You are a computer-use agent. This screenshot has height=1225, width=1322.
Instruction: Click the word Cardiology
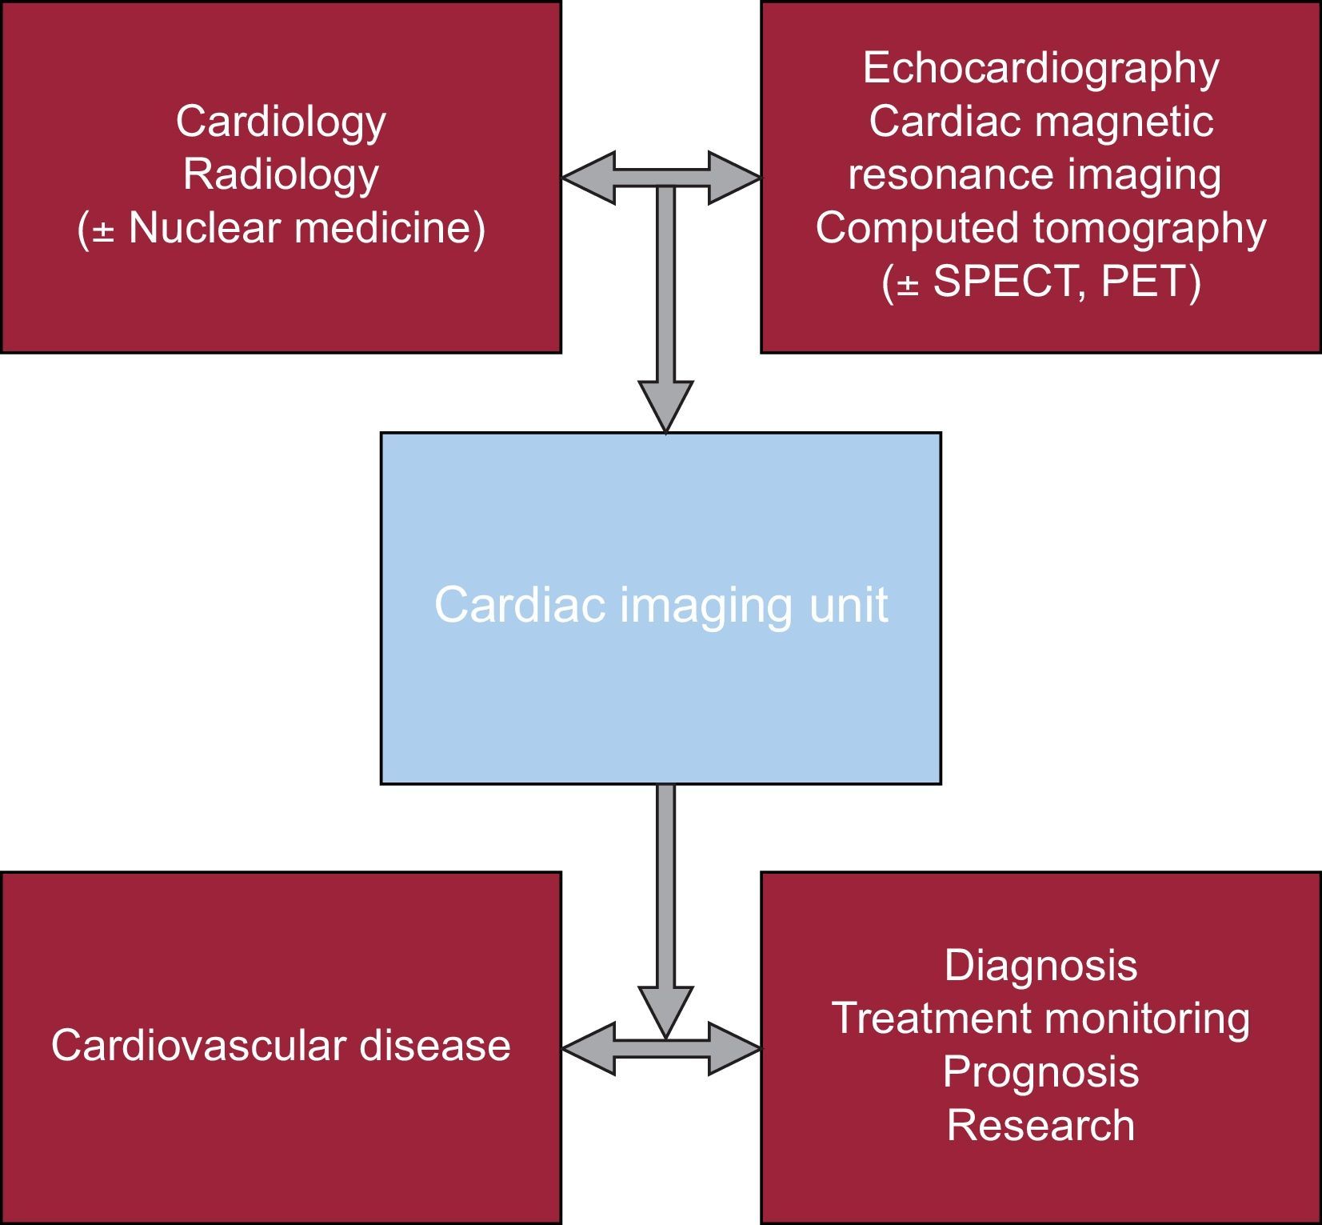(x=281, y=122)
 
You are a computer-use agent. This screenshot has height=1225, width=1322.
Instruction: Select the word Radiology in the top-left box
(x=281, y=174)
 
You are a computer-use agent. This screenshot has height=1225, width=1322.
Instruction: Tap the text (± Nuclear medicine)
(x=281, y=228)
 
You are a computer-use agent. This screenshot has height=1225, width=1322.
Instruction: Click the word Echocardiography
(x=1040, y=69)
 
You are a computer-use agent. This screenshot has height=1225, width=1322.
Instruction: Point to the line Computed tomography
(x=1040, y=228)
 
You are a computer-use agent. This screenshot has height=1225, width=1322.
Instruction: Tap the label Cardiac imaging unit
(x=661, y=605)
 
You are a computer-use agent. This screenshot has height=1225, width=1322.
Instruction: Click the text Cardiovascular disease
(x=281, y=1045)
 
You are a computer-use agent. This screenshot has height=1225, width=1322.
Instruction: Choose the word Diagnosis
(x=1040, y=965)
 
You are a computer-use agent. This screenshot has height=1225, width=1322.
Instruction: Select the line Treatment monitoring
(x=1040, y=1019)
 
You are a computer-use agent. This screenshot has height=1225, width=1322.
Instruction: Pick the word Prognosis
(x=1040, y=1071)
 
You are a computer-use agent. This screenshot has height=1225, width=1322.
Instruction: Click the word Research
(x=1040, y=1125)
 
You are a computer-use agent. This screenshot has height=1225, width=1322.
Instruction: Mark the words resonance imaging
(x=1034, y=174)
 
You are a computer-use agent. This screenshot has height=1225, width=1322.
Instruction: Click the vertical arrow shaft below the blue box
(x=665, y=880)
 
